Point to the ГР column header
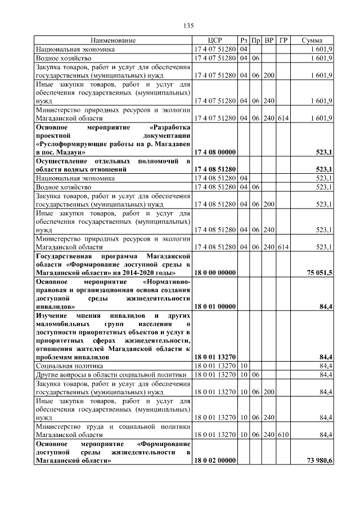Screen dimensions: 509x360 [283, 41]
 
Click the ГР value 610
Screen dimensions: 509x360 [283, 435]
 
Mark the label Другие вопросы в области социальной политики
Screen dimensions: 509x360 [111, 375]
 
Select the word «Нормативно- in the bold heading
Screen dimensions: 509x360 [166, 281]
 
